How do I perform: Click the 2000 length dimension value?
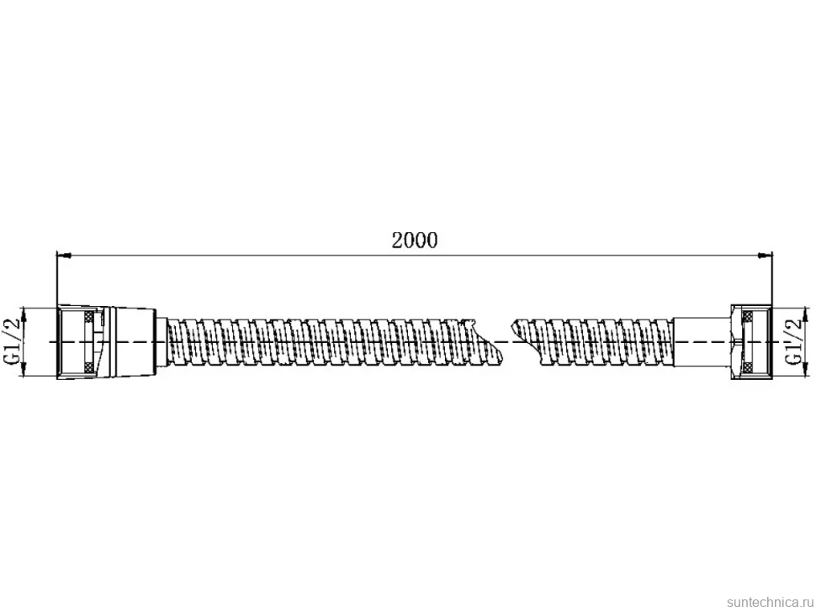[415, 240]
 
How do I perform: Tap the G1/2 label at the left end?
[13, 341]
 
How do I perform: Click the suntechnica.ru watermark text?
[770, 602]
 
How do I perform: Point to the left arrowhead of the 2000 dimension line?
[63, 256]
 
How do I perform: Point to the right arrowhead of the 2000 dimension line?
[765, 256]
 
